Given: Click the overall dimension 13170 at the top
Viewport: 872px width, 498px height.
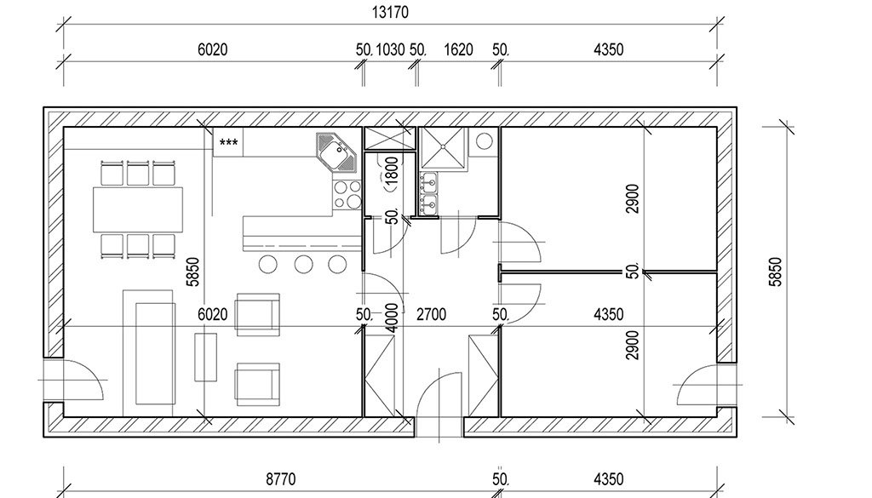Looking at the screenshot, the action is click(x=390, y=12).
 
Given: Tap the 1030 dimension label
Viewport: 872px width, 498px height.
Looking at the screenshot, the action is click(x=390, y=49).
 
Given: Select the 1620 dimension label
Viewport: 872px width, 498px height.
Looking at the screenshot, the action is click(x=458, y=49).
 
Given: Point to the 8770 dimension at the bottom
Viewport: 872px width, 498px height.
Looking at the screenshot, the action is click(x=281, y=479).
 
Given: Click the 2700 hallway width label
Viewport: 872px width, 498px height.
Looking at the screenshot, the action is click(x=431, y=315).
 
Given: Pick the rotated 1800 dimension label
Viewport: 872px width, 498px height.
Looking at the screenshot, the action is click(x=392, y=171).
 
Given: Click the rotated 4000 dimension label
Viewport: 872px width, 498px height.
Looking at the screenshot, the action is click(x=392, y=318).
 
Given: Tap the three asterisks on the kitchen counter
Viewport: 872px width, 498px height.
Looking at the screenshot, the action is click(x=228, y=143).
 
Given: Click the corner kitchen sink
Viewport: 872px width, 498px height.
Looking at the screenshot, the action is click(x=336, y=152).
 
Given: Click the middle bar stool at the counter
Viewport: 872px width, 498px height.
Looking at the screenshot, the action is click(x=303, y=264).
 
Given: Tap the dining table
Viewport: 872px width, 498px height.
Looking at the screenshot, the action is click(x=138, y=209).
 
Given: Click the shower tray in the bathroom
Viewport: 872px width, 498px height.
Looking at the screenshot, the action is click(x=443, y=146).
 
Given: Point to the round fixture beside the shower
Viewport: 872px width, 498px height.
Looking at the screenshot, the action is click(x=485, y=141).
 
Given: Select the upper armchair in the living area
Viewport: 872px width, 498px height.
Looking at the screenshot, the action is click(x=257, y=315).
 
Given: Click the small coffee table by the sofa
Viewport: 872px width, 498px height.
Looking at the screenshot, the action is click(x=205, y=357).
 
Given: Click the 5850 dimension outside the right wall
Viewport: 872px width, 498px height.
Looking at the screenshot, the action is click(x=775, y=272).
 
